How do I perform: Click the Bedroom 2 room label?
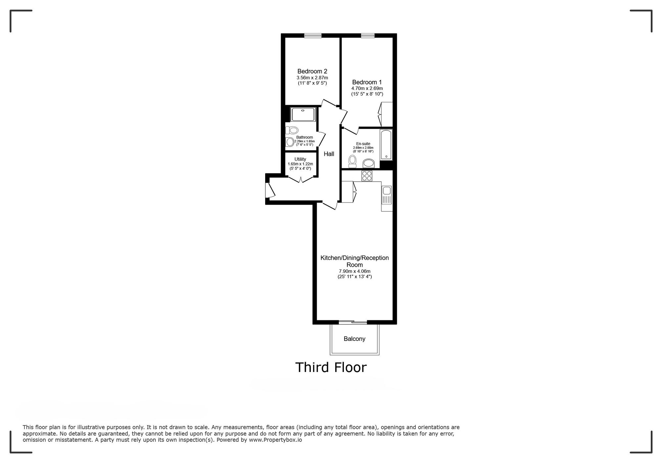click(x=312, y=71)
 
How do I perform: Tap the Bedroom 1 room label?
click(x=367, y=82)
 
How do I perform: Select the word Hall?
click(x=329, y=154)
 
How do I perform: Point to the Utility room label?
click(x=300, y=159)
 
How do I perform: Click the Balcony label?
click(x=354, y=339)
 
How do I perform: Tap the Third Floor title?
click(x=331, y=367)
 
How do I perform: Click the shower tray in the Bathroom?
click(x=303, y=114)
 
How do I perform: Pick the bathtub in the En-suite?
click(x=386, y=145)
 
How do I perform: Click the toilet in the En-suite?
click(x=352, y=161)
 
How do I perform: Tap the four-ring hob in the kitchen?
click(x=366, y=176)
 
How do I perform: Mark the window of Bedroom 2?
click(x=313, y=35)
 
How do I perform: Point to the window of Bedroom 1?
click(x=368, y=35)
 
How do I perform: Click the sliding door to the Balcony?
click(x=353, y=322)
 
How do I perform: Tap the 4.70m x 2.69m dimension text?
click(x=367, y=89)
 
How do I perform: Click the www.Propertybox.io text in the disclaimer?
click(x=275, y=440)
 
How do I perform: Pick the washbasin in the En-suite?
click(x=368, y=163)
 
